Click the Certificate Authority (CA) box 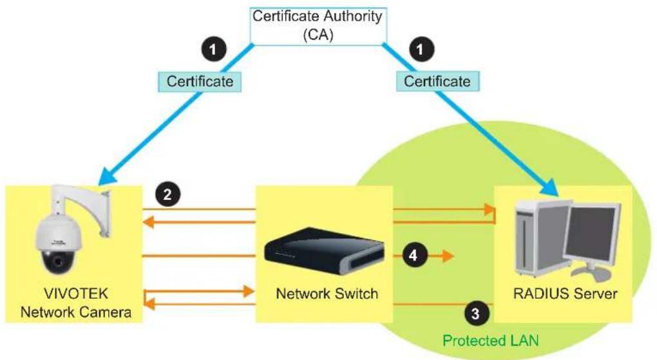318,26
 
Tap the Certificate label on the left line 200,81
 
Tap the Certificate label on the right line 437,81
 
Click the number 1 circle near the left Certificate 213,50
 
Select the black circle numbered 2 167,194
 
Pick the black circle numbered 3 475,314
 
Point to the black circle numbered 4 414,255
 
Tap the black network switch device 324,251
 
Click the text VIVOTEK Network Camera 76,303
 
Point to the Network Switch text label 327,294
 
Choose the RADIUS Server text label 566,294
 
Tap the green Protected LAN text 491,340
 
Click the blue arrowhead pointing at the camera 108,175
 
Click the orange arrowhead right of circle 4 448,256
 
